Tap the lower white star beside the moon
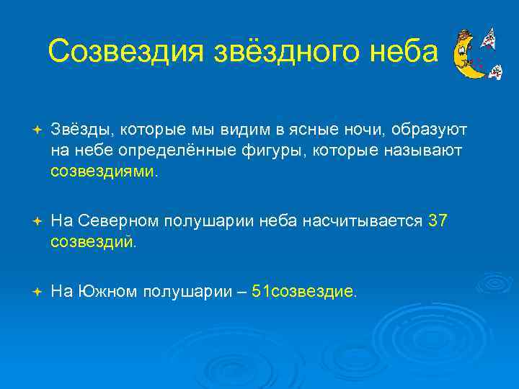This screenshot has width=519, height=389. [496, 71]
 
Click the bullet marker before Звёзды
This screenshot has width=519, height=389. [37, 130]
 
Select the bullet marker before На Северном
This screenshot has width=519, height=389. [37, 221]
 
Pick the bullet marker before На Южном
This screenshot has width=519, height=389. [37, 292]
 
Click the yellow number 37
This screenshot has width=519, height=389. [437, 221]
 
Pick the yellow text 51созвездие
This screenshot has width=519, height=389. [302, 292]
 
